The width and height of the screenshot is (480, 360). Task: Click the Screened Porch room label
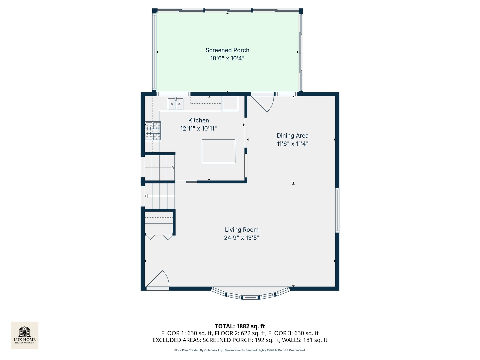pos(227,50)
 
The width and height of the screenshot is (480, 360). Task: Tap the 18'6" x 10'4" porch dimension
pos(227,58)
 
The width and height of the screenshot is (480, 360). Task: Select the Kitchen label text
pos(199,120)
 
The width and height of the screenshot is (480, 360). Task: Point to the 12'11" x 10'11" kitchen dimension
pos(199,129)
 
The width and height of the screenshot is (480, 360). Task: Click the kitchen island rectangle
pos(218,151)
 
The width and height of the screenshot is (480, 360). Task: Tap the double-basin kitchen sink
pos(175,104)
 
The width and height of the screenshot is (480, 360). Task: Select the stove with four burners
pos(153,131)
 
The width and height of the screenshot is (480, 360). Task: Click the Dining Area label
pos(293,136)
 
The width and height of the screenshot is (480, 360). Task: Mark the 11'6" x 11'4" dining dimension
pos(293,144)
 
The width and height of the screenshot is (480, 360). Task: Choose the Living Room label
pos(242,230)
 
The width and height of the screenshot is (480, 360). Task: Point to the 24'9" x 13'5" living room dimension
pos(242,238)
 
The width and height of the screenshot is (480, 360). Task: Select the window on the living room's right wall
pos(337,210)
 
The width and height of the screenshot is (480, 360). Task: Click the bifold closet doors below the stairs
pos(159,236)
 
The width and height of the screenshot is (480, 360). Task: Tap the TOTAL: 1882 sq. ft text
pos(240,326)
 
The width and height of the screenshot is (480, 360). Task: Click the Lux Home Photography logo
pos(25,335)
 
